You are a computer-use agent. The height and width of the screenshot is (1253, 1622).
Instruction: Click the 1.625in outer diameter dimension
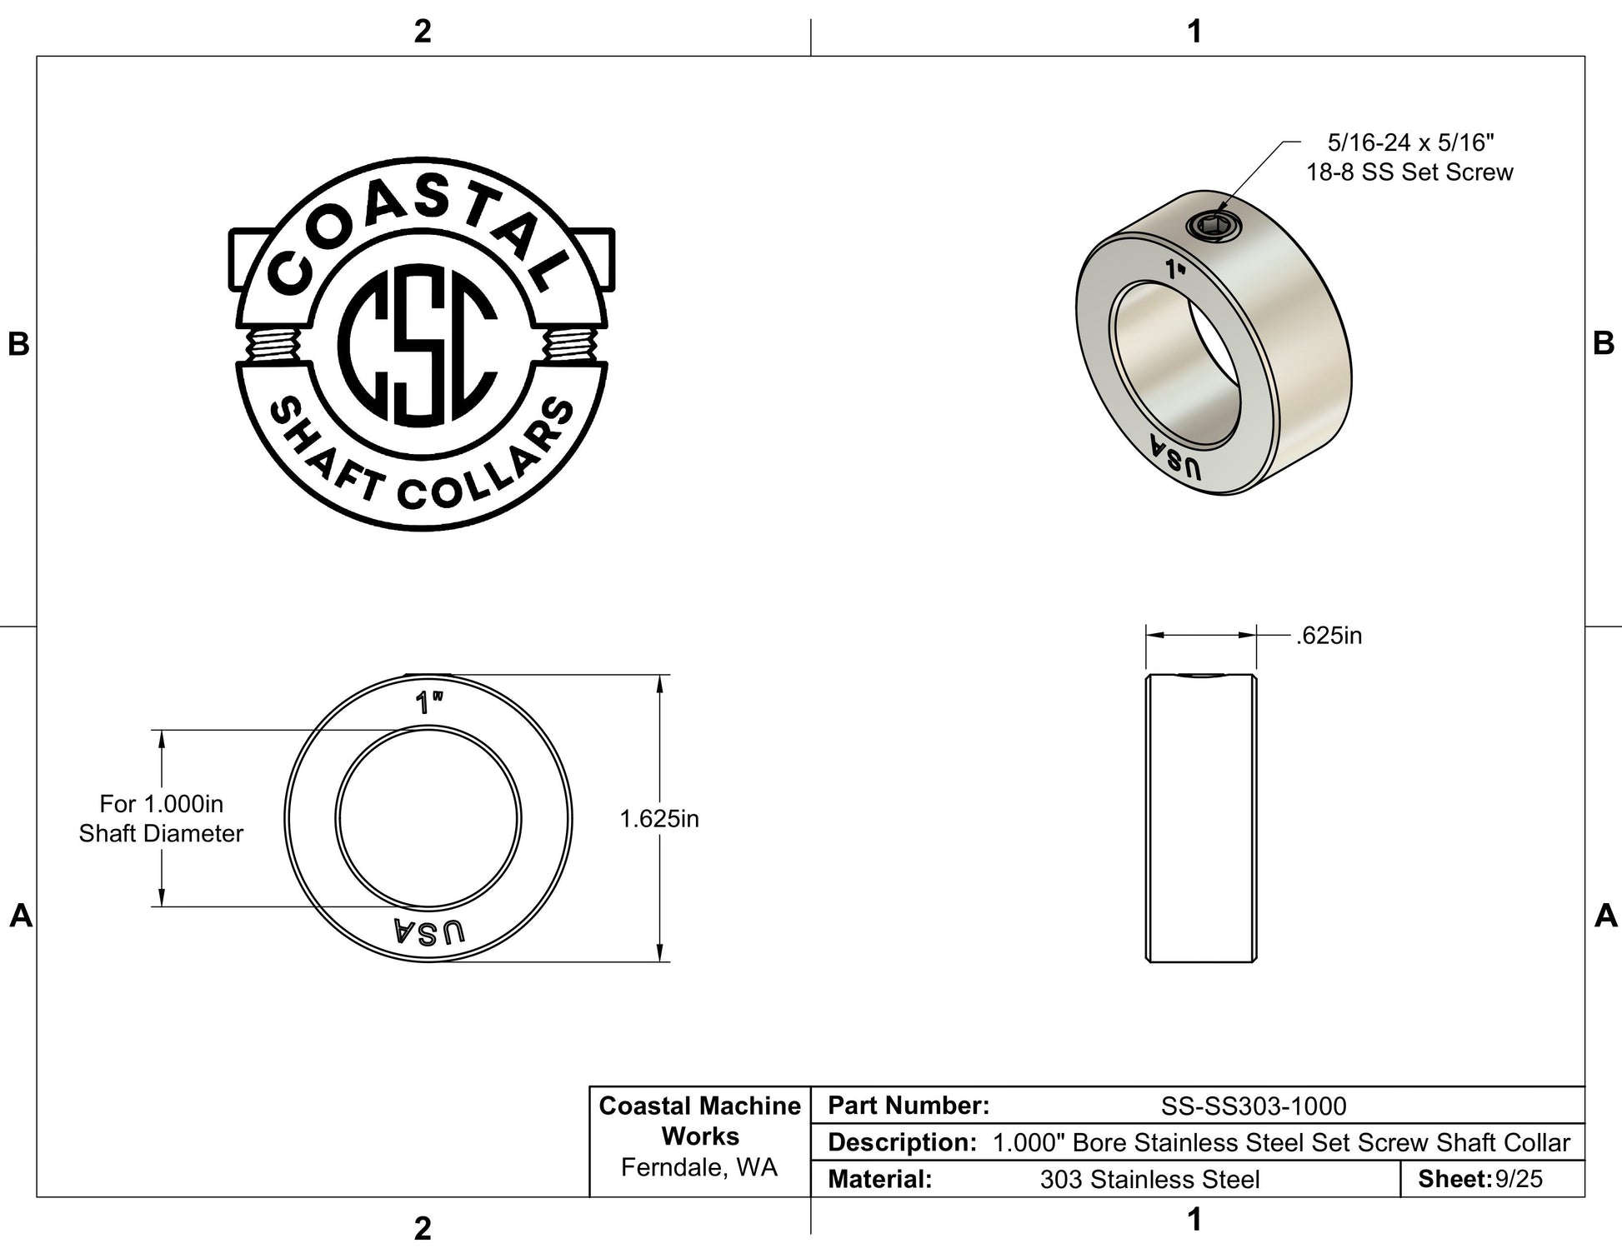pos(658,819)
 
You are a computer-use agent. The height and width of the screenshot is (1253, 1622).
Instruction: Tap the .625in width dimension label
pos(1329,636)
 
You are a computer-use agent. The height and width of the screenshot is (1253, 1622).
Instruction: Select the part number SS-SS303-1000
pos(1254,1106)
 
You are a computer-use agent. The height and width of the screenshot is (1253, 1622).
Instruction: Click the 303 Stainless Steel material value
pos(1149,1179)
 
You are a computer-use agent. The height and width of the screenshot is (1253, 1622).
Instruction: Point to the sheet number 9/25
pos(1519,1179)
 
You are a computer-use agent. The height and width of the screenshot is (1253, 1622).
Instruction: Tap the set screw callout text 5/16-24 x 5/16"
pos(1410,142)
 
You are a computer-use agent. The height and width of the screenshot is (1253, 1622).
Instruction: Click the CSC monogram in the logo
pos(418,346)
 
